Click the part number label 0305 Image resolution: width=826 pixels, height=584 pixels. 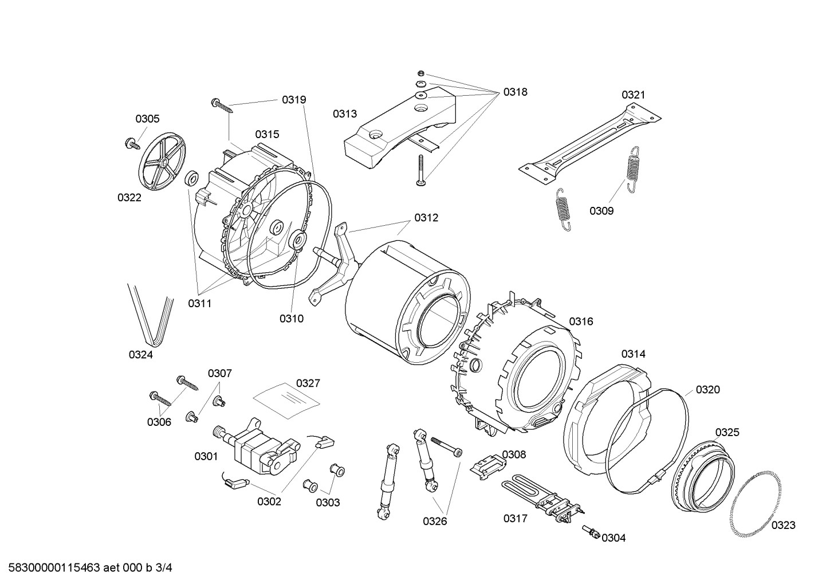pyautogui.click(x=147, y=119)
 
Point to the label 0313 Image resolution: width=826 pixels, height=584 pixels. pyautogui.click(x=345, y=114)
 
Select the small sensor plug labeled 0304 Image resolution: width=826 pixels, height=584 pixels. pyautogui.click(x=591, y=532)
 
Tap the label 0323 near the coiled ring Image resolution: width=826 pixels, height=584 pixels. pyautogui.click(x=783, y=525)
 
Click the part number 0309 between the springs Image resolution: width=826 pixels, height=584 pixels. pyautogui.click(x=601, y=211)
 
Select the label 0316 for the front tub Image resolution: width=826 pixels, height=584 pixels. pyautogui.click(x=581, y=322)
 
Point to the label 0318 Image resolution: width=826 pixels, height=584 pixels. pyautogui.click(x=515, y=92)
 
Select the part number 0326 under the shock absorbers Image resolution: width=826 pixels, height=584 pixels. pyautogui.click(x=435, y=521)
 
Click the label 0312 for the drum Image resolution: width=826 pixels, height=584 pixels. pyautogui.click(x=426, y=218)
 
